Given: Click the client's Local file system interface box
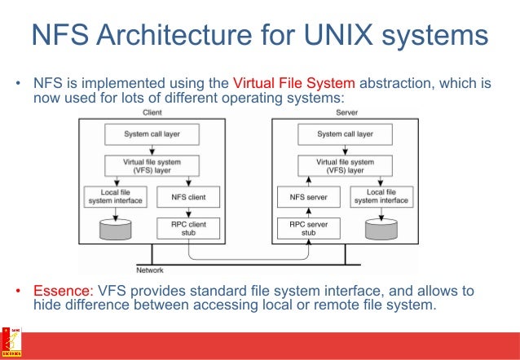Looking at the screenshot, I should pos(115,196).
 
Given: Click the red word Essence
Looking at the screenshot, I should pos(63,292).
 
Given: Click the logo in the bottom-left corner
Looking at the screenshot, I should pos(11,342).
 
